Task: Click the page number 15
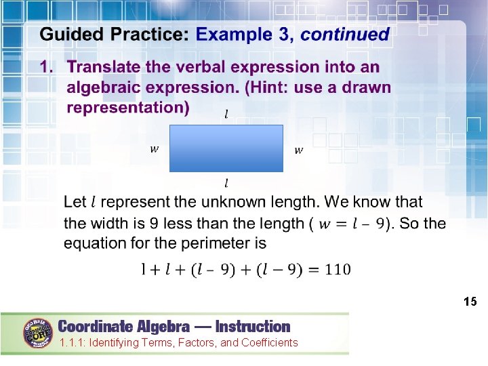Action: tap(470, 301)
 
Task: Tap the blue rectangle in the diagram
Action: tap(226, 148)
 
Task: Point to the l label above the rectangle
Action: tap(226, 115)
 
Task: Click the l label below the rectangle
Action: tap(226, 183)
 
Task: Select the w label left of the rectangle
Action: tap(155, 149)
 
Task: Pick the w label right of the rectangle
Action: tap(298, 150)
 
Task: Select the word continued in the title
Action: tap(345, 35)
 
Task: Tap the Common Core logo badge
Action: tap(39, 333)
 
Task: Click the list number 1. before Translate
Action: tap(47, 67)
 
